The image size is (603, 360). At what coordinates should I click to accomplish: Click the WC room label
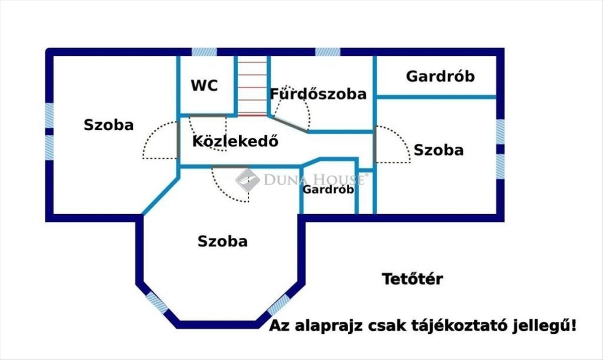tap(204, 85)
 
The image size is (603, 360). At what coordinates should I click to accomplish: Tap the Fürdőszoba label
tap(319, 94)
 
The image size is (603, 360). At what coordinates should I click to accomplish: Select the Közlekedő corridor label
tap(235, 141)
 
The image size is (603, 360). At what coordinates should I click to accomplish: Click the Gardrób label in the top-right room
tap(440, 76)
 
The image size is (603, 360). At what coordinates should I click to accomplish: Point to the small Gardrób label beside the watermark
tap(328, 190)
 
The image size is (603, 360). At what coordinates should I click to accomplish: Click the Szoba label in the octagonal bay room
tap(223, 241)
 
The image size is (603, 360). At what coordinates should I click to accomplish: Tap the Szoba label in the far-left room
tap(109, 125)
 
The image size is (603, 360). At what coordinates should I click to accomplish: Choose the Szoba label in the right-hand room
tap(438, 150)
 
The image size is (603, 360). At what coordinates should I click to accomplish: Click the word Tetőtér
tap(412, 279)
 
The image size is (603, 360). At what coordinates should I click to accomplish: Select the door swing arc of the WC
tap(208, 133)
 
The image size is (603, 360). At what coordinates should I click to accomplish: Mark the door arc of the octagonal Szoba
tap(231, 185)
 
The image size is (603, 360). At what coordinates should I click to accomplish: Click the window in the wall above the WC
tap(205, 52)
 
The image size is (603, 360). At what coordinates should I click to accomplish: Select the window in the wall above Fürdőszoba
tap(328, 52)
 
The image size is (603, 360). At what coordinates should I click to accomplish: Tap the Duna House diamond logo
tap(247, 179)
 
